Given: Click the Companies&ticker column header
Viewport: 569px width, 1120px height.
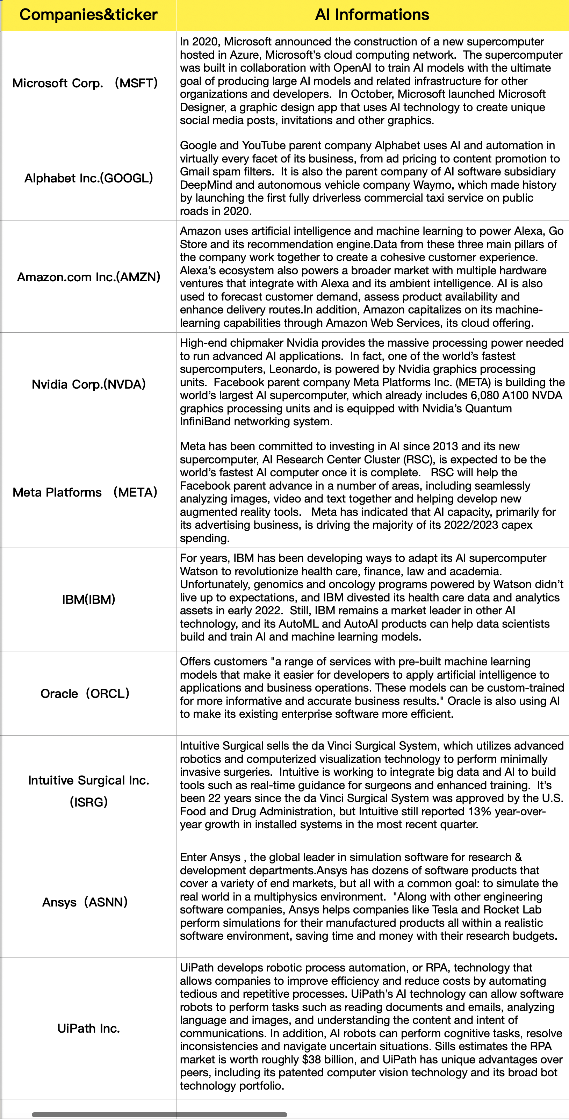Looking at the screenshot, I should tap(88, 15).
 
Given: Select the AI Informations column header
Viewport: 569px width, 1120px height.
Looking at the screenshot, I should tap(372, 15).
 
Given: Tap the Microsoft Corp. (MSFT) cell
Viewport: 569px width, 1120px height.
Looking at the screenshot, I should tap(85, 83).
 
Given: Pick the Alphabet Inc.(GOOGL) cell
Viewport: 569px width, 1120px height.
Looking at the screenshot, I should tap(89, 178).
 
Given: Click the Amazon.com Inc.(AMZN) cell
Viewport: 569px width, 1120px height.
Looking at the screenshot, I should tap(89, 277).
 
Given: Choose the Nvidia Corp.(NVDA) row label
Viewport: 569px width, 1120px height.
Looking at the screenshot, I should tap(89, 384).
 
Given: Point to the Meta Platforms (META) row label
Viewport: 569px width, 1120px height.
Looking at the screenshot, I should tap(85, 492).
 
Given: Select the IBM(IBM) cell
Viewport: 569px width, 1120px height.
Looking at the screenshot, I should tap(89, 600).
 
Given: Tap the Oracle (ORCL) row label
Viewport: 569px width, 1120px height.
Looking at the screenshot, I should tap(85, 693).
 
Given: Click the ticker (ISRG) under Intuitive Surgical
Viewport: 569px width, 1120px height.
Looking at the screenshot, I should tap(89, 802).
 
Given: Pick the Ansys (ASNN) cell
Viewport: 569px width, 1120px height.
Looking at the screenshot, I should tap(85, 902).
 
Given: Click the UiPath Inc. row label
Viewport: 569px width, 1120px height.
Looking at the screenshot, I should tap(89, 1028).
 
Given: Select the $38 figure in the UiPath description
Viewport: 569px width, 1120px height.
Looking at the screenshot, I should tap(311, 1060).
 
